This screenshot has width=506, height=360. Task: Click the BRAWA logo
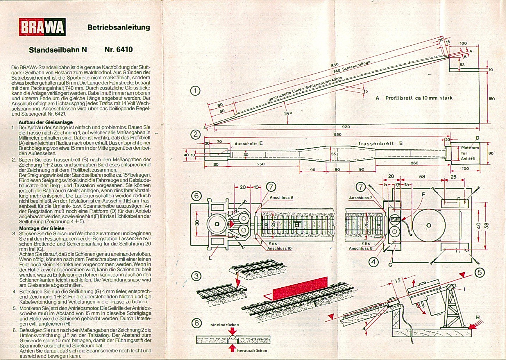click(42, 27)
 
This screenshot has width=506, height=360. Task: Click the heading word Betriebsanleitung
click(119, 27)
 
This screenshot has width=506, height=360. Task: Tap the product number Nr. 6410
click(119, 49)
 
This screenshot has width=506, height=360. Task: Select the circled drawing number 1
click(195, 91)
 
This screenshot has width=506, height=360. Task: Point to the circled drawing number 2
click(195, 134)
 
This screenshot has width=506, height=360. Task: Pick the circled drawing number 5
click(480, 272)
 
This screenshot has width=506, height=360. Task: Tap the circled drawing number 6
click(196, 196)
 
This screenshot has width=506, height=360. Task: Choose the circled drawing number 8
click(197, 323)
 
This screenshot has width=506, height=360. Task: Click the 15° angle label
click(288, 114)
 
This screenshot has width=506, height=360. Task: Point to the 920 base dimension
click(346, 127)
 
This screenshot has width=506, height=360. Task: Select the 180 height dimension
click(491, 98)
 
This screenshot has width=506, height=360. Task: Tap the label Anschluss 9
click(281, 197)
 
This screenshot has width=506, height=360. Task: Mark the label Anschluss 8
click(360, 248)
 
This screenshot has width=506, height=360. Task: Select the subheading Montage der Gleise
click(42, 228)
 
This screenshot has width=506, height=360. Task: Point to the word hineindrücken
click(225, 325)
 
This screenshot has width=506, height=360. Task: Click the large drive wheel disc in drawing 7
click(429, 225)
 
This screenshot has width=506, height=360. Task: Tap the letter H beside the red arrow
click(478, 317)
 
